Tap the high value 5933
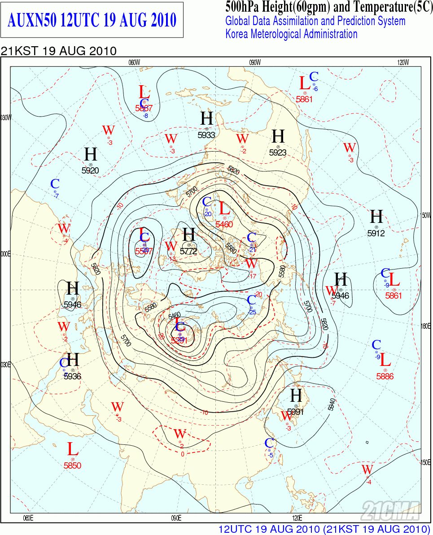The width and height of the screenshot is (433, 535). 206,135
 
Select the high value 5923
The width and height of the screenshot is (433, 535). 278,152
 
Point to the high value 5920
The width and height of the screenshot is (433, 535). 90,170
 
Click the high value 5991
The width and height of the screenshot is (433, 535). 296,412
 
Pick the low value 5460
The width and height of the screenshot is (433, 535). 224,224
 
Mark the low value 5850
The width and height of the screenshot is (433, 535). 72,465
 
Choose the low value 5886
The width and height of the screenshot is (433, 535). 385,376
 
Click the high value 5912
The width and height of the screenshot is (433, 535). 376,233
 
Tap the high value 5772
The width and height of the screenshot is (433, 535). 188,251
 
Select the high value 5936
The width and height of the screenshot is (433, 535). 72,376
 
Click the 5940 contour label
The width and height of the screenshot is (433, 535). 332,405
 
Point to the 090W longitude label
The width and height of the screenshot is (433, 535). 254,62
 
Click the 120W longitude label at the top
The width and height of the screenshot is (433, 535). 403,62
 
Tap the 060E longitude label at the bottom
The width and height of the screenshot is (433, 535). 28,518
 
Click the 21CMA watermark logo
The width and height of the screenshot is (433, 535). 390,510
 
